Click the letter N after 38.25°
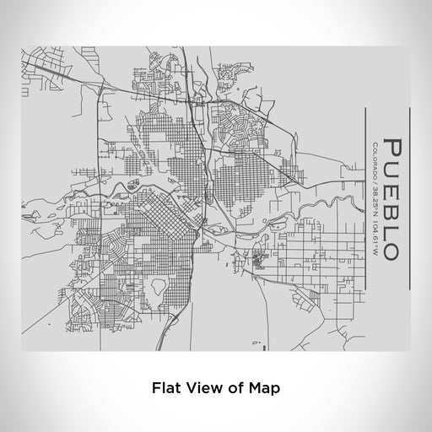click(373, 209)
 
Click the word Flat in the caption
click(164, 390)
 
